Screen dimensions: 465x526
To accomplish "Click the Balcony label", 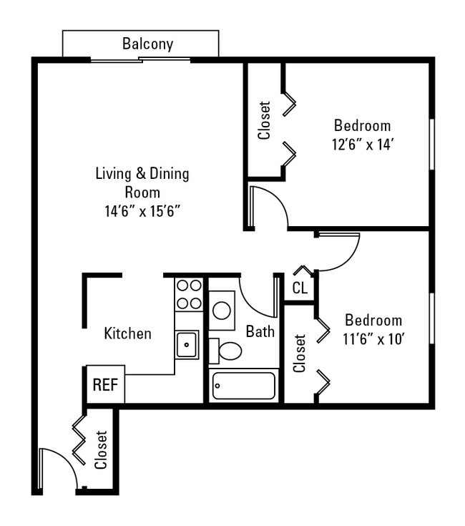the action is pyautogui.click(x=147, y=44).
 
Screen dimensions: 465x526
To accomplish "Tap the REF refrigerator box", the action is pyautogui.click(x=106, y=384).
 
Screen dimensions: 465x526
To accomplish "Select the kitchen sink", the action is pyautogui.click(x=187, y=344).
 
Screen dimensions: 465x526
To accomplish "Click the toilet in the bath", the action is pyautogui.click(x=225, y=351).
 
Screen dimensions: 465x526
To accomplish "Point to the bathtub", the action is pyautogui.click(x=244, y=386).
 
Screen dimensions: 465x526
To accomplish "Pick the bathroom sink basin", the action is pyautogui.click(x=222, y=311).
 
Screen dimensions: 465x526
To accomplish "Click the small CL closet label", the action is pyautogui.click(x=300, y=288).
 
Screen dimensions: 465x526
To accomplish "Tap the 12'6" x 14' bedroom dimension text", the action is pyautogui.click(x=363, y=145).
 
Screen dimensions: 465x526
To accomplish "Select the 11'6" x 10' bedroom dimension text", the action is pyautogui.click(x=373, y=339).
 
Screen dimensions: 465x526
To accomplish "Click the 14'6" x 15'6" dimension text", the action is pyautogui.click(x=142, y=211).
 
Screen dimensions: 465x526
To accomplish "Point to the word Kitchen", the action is pyautogui.click(x=128, y=333).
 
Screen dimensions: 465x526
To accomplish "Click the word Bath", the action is pyautogui.click(x=260, y=331).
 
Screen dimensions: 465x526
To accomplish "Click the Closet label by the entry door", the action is pyautogui.click(x=101, y=450).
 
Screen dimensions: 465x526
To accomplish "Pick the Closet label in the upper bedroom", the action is pyautogui.click(x=264, y=120).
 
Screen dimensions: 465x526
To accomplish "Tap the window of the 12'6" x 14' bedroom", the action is pyautogui.click(x=432, y=145).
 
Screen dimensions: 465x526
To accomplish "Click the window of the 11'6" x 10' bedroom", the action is pyautogui.click(x=432, y=318).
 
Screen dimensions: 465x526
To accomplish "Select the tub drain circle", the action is pyautogui.click(x=217, y=386).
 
